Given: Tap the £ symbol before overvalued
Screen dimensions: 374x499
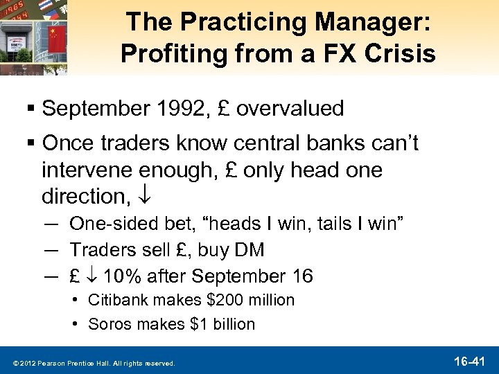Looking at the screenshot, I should (224, 109).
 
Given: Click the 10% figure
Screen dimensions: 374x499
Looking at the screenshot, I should (123, 276).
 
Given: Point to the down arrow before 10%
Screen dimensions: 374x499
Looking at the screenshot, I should (93, 276).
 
